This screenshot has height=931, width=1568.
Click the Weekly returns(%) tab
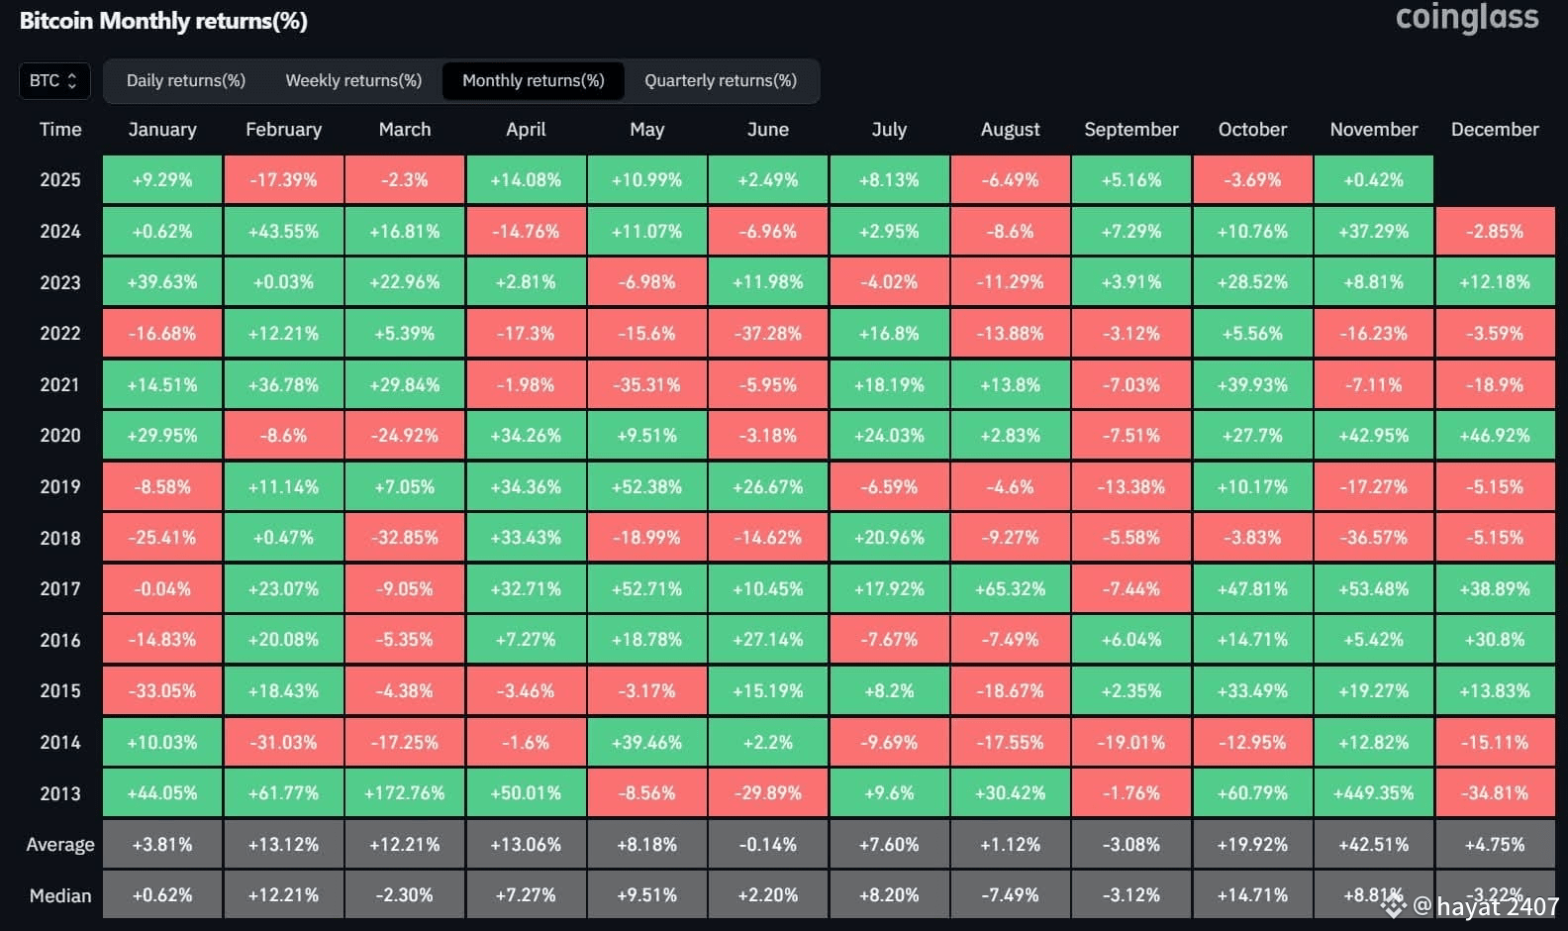(x=353, y=80)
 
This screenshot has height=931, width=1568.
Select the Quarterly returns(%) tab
(x=721, y=80)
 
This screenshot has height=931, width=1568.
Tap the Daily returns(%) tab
(x=185, y=80)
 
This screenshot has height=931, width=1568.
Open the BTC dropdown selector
(x=54, y=80)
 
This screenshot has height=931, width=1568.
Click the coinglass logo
(x=1467, y=18)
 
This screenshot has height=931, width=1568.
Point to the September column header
(x=1131, y=130)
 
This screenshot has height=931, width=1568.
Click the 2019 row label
(x=60, y=487)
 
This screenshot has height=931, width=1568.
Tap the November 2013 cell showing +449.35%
(x=1373, y=793)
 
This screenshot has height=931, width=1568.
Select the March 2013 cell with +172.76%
(x=405, y=793)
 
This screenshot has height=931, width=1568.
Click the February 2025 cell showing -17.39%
(x=283, y=180)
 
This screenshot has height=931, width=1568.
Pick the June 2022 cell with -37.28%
(x=768, y=334)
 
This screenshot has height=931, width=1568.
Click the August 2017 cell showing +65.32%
(x=1010, y=589)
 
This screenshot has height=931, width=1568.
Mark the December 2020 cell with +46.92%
(x=1495, y=436)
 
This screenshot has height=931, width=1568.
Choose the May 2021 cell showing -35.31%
(x=646, y=384)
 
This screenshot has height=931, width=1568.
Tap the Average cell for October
(x=1252, y=844)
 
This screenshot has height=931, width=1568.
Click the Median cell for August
(x=1010, y=894)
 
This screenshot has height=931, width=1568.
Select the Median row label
(x=60, y=895)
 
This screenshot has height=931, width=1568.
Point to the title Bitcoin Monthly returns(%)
(x=163, y=21)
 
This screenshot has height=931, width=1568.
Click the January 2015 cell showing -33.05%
(x=162, y=690)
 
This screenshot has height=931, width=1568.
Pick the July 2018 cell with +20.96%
(x=889, y=538)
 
